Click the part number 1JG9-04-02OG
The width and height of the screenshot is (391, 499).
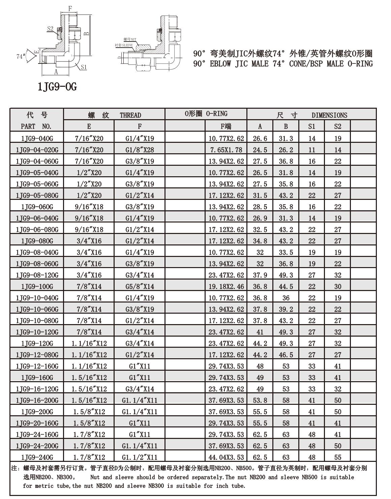[37, 150]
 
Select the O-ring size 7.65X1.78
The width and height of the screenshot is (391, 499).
[226, 150]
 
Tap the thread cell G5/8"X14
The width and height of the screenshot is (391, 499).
[140, 287]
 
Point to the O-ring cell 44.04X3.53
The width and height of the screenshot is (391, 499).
[226, 457]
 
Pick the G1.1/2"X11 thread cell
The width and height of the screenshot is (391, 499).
[140, 457]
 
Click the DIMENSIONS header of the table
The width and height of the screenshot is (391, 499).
[329, 115]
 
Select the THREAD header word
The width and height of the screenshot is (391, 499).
[130, 115]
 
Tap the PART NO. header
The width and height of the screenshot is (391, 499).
[36, 127]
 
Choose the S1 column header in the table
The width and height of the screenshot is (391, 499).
[312, 127]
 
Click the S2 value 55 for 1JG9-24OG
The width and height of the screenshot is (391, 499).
[338, 457]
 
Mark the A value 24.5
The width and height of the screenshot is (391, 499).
[260, 150]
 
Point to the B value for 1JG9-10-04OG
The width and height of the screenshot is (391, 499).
[286, 298]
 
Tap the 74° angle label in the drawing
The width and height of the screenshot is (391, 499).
[21, 56]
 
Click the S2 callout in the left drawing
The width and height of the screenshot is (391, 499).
[50, 29]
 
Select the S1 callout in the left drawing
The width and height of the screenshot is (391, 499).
[84, 67]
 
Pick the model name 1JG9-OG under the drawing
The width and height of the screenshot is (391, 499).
[57, 87]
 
